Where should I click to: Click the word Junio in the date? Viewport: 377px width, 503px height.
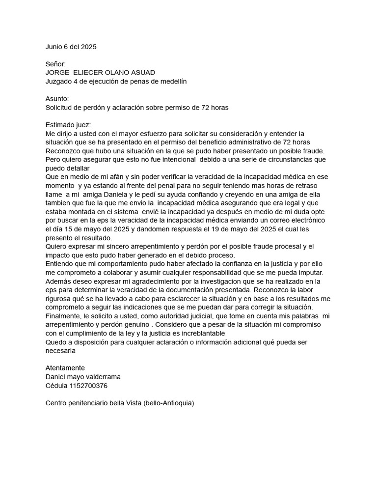(x=54, y=47)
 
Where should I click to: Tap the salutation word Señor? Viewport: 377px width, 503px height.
(x=55, y=64)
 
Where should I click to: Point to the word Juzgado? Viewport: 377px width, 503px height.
(x=59, y=82)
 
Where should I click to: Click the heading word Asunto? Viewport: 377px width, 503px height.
(x=57, y=99)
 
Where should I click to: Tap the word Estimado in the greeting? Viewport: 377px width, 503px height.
(x=61, y=124)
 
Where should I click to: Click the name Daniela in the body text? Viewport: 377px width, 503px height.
(x=102, y=194)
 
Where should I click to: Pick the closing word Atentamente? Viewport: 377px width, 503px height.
(x=65, y=368)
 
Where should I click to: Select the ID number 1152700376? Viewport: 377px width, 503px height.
(x=89, y=386)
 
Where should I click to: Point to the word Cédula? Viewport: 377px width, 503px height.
(x=56, y=386)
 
